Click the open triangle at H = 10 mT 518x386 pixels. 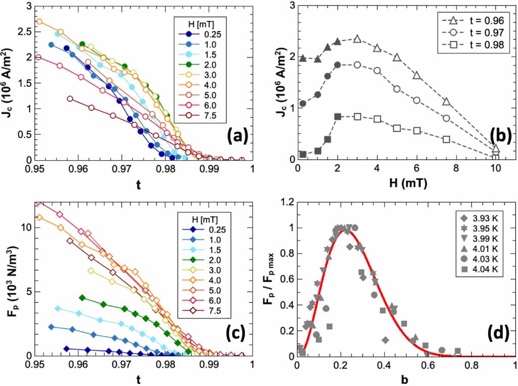pos(495,149)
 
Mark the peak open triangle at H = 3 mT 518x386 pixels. pos(357,38)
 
